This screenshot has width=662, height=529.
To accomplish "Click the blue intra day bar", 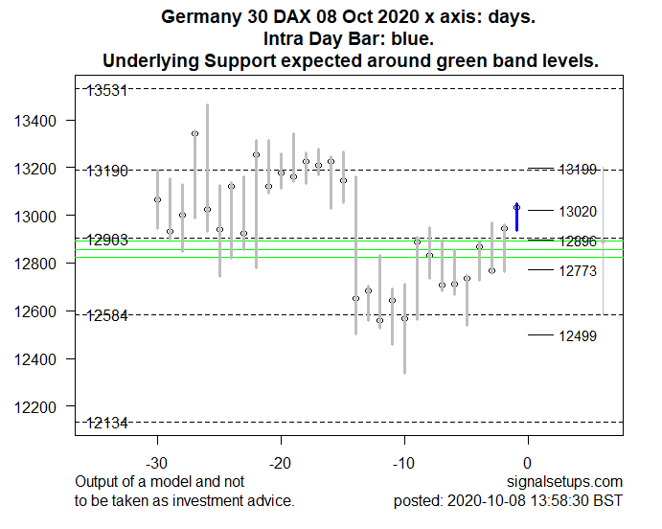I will [517, 218].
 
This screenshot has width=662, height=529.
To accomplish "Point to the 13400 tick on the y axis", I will [40, 121].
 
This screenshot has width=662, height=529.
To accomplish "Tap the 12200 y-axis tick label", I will [40, 407].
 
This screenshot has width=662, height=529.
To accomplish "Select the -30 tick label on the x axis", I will [158, 463].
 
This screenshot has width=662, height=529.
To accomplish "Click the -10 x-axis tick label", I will [404, 463].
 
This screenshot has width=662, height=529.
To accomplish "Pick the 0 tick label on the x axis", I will [528, 463].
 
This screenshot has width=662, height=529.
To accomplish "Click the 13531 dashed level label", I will [107, 90].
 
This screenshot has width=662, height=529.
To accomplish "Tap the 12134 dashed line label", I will [107, 424].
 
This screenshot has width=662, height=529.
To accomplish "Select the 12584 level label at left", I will [107, 315].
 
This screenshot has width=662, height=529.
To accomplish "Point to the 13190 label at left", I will [107, 171].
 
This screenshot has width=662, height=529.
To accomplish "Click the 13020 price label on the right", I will [578, 211].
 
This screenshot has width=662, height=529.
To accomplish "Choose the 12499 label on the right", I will [578, 335].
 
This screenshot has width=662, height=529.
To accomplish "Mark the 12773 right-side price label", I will [578, 271].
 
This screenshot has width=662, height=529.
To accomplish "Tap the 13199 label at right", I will [578, 170].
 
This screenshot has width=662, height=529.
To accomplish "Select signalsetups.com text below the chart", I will [573, 481].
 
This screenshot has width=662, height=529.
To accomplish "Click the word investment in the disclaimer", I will [202, 500].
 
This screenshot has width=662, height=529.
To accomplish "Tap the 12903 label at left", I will [107, 240].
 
